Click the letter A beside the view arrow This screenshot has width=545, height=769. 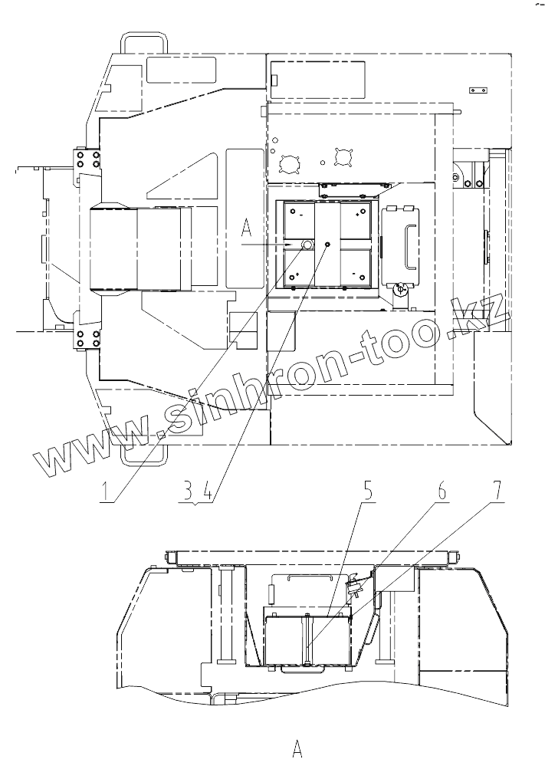[246, 228]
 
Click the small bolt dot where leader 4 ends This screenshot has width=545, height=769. [327, 244]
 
